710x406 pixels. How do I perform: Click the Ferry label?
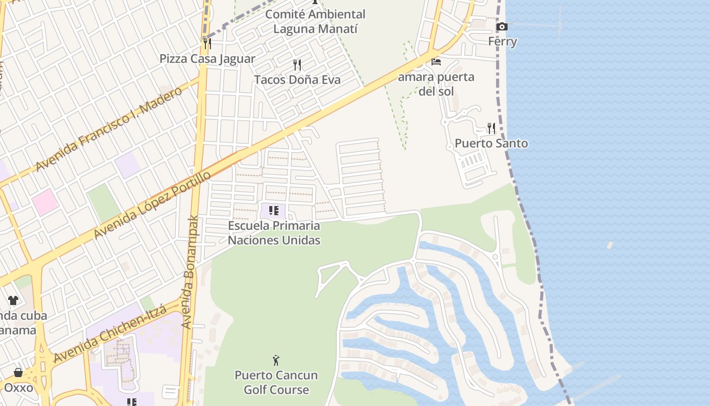click(x=503, y=42)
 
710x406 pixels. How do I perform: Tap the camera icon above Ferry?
click(x=502, y=26)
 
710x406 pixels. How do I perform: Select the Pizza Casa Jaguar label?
click(x=207, y=59)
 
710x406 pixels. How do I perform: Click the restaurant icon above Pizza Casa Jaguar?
click(x=207, y=43)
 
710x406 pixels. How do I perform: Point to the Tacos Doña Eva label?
click(x=297, y=80)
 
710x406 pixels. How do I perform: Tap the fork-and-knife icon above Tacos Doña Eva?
click(x=297, y=64)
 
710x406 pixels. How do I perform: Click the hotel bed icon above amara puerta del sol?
click(x=436, y=62)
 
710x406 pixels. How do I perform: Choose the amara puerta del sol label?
click(x=436, y=84)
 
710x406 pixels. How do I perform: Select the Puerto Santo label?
click(x=491, y=144)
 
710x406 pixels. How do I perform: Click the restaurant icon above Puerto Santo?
click(x=491, y=128)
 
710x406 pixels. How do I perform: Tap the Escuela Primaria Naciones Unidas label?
click(x=274, y=233)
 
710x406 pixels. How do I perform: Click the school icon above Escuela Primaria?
click(x=274, y=211)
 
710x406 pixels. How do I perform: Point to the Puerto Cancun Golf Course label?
click(x=276, y=383)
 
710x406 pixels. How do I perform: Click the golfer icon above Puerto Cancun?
click(x=276, y=360)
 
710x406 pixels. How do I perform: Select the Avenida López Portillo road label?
click(x=152, y=205)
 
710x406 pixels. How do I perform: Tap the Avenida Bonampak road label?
click(x=189, y=272)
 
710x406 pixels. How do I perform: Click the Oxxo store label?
click(x=18, y=388)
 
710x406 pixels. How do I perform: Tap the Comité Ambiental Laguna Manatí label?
click(x=315, y=22)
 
